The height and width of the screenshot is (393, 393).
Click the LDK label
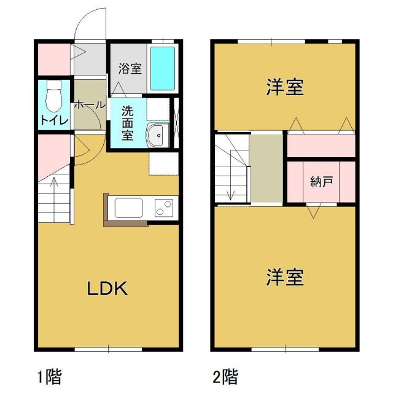pos(106,288)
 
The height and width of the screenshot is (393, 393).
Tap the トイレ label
pos(54,119)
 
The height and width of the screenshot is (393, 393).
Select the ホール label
pos(90,105)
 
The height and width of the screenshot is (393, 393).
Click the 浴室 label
pos(130,68)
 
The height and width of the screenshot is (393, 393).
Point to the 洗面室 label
pos(127,123)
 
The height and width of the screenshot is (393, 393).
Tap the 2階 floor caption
pos(225,375)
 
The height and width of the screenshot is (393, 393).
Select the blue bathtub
pos(163,68)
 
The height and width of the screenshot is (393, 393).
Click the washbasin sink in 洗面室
pos(157,134)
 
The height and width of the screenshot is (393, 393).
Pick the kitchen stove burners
pos(164,208)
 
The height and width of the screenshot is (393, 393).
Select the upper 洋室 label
pos(286,87)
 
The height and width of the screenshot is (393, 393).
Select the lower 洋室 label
pos(286,278)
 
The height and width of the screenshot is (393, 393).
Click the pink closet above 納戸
pos(321,145)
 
